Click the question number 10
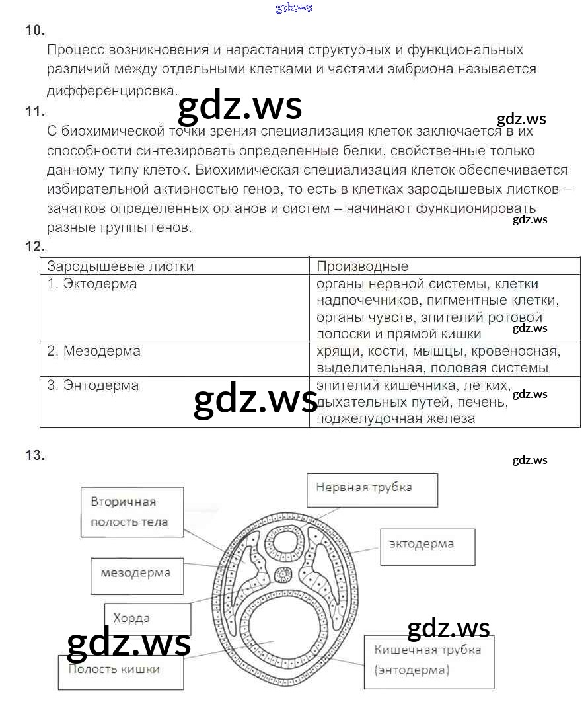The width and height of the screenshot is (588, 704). click(x=35, y=30)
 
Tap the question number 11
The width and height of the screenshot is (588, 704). click(x=35, y=112)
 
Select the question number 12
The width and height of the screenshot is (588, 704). click(x=35, y=247)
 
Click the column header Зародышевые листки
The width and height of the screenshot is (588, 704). click(x=120, y=266)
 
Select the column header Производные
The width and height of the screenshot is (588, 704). click(x=362, y=266)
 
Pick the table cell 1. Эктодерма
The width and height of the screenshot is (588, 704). click(x=92, y=284)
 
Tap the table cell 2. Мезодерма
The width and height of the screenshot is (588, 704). click(x=94, y=351)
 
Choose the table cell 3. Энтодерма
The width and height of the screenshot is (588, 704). click(x=93, y=385)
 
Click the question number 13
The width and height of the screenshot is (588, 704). click(x=35, y=455)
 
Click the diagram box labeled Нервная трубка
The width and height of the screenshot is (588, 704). click(x=372, y=489)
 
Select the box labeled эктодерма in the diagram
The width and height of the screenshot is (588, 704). click(x=427, y=546)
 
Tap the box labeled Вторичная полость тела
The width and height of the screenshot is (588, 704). click(x=130, y=512)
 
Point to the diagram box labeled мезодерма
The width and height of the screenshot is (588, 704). click(x=136, y=574)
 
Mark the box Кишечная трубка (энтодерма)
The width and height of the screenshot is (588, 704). click(x=429, y=662)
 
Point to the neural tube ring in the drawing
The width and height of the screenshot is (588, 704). click(x=287, y=543)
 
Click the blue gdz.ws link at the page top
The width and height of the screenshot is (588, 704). click(x=293, y=8)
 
